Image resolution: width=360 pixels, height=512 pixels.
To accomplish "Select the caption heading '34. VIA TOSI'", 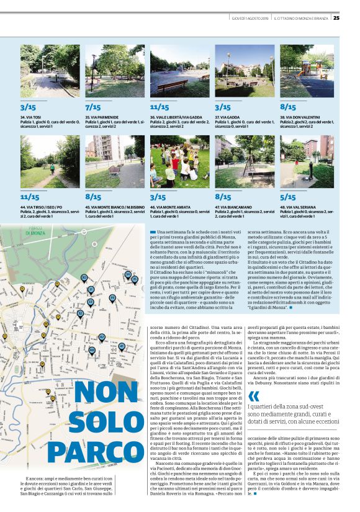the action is click(32, 117).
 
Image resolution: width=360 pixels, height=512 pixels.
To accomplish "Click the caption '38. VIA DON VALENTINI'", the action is click(302, 117).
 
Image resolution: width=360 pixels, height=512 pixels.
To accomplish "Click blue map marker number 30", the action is click(84, 277).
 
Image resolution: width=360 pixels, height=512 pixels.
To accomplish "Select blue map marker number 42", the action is click(102, 337).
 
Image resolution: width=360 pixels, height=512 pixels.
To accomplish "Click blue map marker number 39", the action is click(112, 298).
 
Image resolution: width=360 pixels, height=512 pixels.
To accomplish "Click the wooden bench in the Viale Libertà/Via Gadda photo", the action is click(163, 84).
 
